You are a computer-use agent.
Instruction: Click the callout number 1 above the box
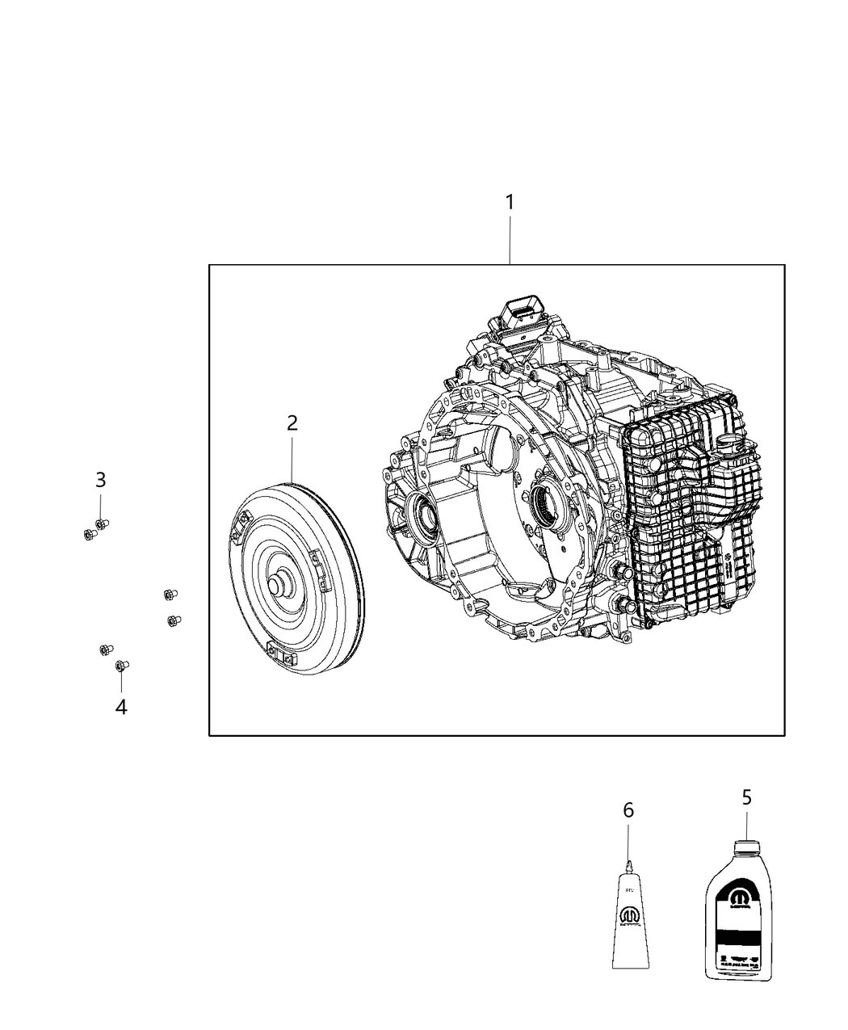click(x=510, y=202)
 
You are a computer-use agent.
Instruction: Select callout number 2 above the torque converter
click(x=292, y=423)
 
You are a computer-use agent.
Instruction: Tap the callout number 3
click(x=100, y=480)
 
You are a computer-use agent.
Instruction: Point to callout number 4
click(x=121, y=707)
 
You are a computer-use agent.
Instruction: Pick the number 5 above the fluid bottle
click(x=746, y=797)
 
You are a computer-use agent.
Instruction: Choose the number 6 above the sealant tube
click(x=628, y=809)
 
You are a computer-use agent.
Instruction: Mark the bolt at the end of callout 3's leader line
click(x=102, y=524)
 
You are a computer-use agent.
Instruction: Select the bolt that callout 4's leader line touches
click(x=121, y=665)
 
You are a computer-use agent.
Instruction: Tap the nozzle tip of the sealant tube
click(x=628, y=866)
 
